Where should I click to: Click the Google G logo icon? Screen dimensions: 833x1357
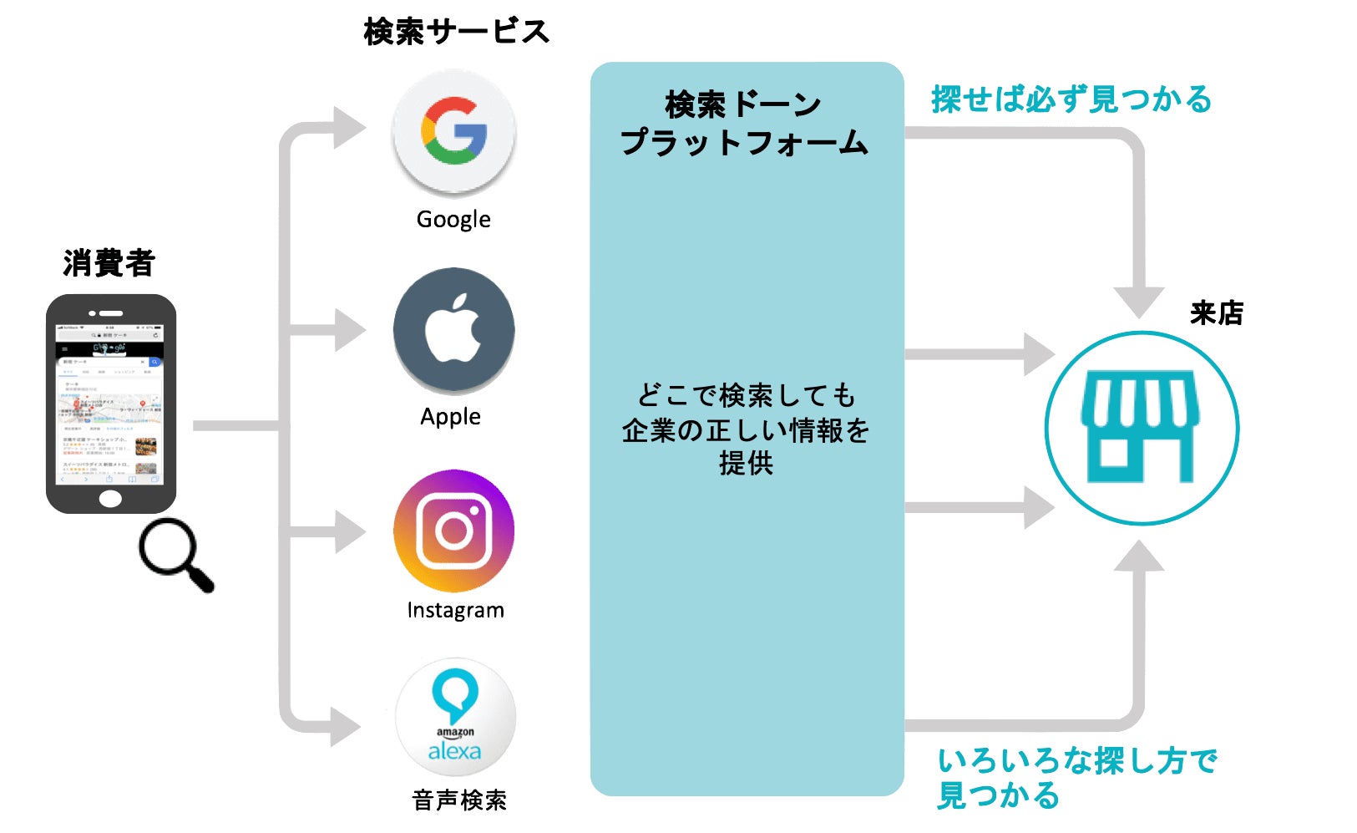pos(454,131)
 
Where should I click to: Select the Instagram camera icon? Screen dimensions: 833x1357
pos(454,531)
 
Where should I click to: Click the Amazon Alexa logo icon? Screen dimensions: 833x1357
pos(455,717)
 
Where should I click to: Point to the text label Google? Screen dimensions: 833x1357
pos(453,220)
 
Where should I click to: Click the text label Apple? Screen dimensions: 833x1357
pos(451,416)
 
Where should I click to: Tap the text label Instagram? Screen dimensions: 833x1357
pos(455,610)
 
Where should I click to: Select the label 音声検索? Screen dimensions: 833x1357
pos(459,800)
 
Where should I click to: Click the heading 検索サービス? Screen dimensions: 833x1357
pos(456,32)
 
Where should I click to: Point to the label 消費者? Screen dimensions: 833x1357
pos(109,262)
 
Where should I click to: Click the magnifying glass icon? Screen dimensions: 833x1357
pos(174,553)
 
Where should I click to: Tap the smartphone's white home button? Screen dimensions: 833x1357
pos(110,499)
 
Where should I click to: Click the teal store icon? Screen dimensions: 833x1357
pos(1141,428)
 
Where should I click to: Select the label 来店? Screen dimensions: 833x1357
pos(1216,313)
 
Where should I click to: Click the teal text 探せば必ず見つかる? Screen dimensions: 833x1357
pos(1071,99)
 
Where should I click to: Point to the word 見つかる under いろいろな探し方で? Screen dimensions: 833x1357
pos(998,795)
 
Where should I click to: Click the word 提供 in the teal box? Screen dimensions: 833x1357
pos(746,463)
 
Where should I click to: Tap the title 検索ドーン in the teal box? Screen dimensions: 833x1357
pos(743,105)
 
